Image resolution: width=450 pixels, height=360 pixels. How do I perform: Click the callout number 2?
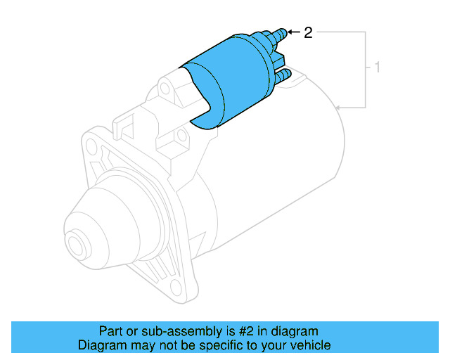click(x=307, y=32)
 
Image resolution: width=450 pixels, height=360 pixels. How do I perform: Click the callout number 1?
click(x=378, y=69)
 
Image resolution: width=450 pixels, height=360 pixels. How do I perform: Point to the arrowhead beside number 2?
click(x=288, y=32)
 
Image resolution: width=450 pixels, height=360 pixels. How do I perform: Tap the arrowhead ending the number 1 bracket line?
click(x=338, y=108)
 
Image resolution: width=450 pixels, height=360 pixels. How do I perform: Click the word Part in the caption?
click(x=110, y=331)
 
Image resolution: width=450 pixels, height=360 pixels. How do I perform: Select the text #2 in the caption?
click(x=248, y=331)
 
